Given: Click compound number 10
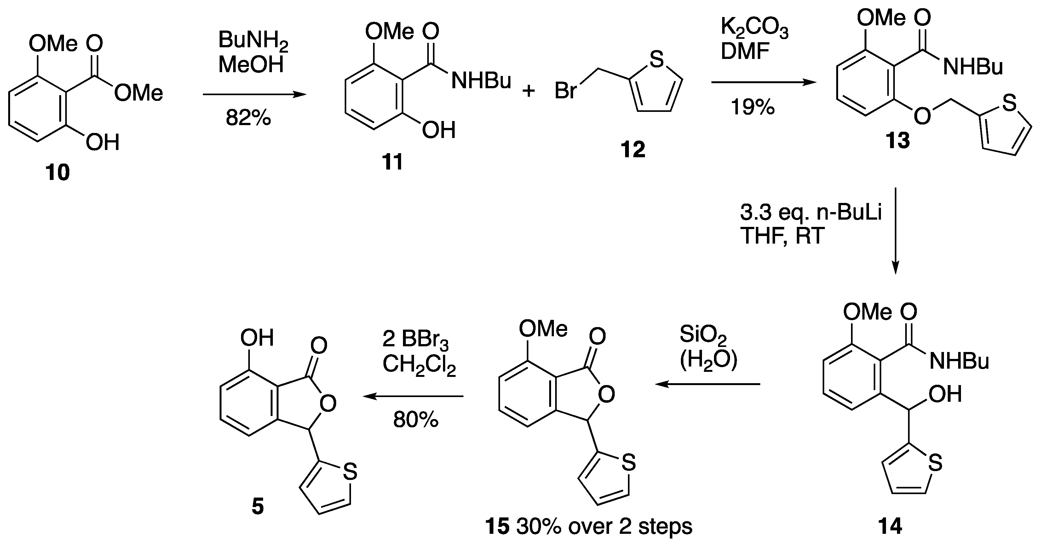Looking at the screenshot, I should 58,173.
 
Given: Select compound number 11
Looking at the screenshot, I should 392,162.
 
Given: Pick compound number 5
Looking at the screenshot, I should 257,506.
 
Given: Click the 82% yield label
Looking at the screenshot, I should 248,118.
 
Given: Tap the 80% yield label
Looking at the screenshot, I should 416,420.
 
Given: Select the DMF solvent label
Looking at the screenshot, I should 745,52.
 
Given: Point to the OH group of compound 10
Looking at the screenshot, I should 103,143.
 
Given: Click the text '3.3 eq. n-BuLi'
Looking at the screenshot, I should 811,213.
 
